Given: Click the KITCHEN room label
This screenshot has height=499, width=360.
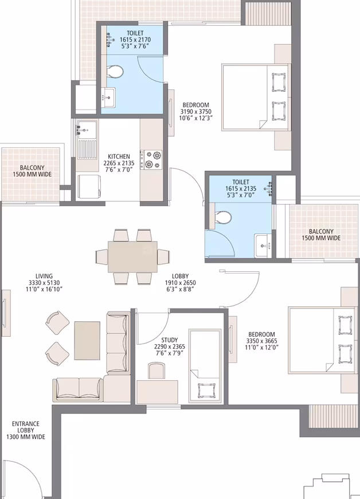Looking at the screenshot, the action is click(x=119, y=157).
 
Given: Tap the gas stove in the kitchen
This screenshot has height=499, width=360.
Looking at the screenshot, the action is click(x=151, y=160).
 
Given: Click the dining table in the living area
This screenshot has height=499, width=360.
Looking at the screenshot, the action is click(x=132, y=256).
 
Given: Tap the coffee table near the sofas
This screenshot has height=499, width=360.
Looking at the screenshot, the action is click(x=87, y=341).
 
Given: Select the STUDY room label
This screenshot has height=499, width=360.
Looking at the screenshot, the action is click(x=170, y=340).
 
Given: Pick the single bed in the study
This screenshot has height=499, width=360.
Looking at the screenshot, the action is click(x=205, y=364).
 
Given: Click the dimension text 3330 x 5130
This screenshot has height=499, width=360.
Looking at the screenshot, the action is click(x=44, y=283).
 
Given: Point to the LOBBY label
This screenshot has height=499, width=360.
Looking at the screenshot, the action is click(x=181, y=276).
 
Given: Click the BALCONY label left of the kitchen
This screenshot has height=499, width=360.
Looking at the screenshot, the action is click(x=32, y=167).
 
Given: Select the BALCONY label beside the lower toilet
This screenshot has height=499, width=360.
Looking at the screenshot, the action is click(x=321, y=232).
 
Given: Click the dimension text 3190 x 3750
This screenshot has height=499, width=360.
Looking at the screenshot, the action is click(x=196, y=111).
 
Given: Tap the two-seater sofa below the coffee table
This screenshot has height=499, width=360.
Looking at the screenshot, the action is click(x=78, y=389).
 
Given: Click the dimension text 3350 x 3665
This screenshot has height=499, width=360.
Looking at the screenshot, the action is click(x=262, y=341).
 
